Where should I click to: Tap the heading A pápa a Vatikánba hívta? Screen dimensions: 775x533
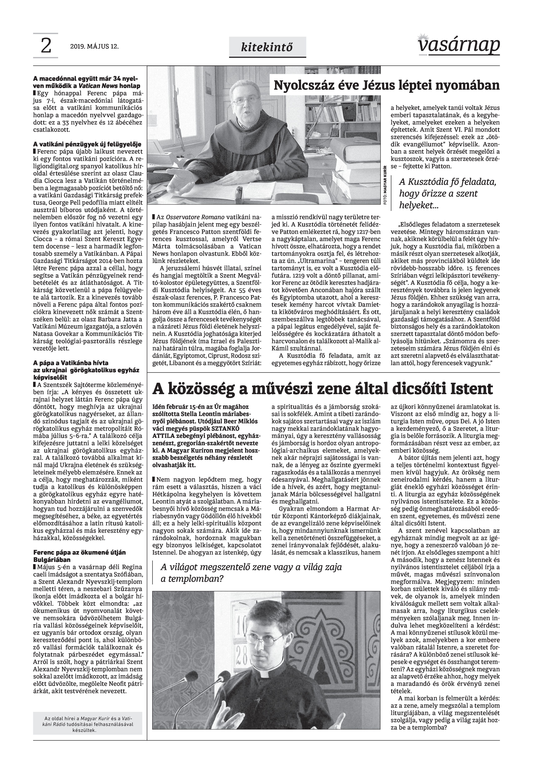point(71,363)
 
